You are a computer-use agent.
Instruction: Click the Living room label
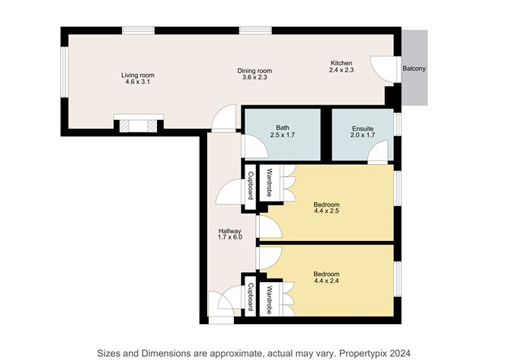point(138,75)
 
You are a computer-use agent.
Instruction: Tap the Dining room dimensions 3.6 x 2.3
point(254,77)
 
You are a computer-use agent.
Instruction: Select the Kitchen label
point(341,63)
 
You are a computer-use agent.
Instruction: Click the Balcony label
point(414,69)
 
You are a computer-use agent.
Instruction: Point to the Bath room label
point(283,127)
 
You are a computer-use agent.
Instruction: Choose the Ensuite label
point(363,129)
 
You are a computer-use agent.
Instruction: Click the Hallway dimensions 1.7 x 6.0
point(230,237)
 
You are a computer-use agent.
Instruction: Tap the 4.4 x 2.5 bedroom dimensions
point(327,211)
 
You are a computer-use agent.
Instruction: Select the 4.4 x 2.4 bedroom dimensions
point(327,281)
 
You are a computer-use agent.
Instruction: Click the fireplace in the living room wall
point(139,124)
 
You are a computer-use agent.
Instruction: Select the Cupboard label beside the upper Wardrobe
point(250,185)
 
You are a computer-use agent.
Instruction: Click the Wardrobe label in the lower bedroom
point(269,300)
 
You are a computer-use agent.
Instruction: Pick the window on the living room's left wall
point(65,72)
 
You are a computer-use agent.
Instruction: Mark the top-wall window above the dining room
point(255,31)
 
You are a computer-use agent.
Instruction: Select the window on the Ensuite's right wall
point(398,124)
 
